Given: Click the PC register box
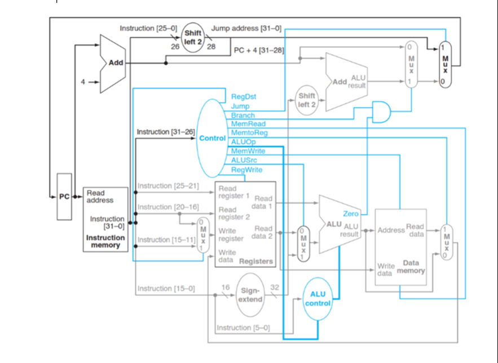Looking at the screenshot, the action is pyautogui.click(x=64, y=197).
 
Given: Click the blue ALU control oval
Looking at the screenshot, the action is pyautogui.click(x=318, y=299).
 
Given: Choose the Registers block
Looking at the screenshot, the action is pyautogui.click(x=245, y=225).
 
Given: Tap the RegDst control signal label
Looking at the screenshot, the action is pyautogui.click(x=243, y=96).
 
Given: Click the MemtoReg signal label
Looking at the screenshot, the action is pyautogui.click(x=249, y=132).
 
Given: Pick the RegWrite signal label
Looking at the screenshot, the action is pyautogui.click(x=246, y=170).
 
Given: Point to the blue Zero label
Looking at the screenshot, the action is pyautogui.click(x=350, y=214).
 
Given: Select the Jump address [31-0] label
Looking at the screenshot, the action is pyautogui.click(x=246, y=28).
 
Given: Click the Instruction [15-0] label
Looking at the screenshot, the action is pyautogui.click(x=166, y=289).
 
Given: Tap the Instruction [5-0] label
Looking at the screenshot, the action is pyautogui.click(x=243, y=327).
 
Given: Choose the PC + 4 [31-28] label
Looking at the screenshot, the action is pyautogui.click(x=259, y=50).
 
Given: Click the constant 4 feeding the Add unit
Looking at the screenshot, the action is pyautogui.click(x=83, y=82).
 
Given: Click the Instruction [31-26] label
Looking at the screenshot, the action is pyautogui.click(x=166, y=132).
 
